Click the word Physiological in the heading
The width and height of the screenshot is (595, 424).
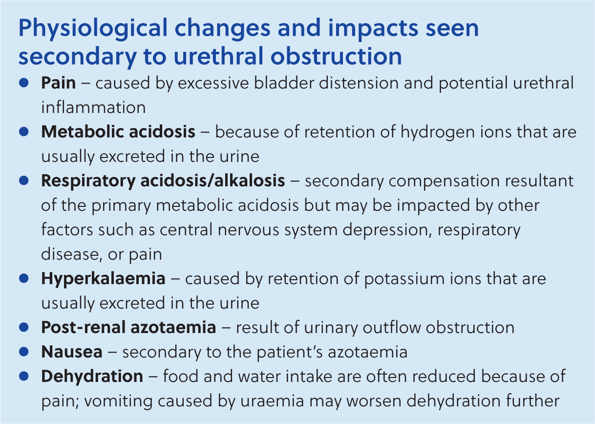click(93, 29)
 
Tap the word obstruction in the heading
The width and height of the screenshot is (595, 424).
click(336, 56)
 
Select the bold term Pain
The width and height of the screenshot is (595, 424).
click(59, 83)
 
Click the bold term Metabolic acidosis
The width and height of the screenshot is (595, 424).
click(118, 132)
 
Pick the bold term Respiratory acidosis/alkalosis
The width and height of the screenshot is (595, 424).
click(163, 181)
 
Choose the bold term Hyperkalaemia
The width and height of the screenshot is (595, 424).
click(104, 279)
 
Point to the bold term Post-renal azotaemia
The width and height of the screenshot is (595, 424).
click(128, 327)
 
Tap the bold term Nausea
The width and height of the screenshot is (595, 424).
click(72, 352)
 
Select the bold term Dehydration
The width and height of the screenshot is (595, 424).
click(92, 377)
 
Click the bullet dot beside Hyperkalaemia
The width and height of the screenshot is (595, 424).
click(24, 278)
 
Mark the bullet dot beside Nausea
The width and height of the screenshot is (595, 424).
click(24, 352)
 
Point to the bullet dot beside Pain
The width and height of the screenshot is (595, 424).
click(24, 83)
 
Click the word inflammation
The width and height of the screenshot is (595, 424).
click(93, 107)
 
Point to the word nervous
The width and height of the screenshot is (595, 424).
click(248, 230)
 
